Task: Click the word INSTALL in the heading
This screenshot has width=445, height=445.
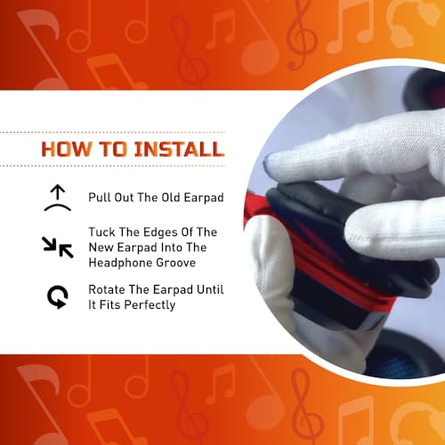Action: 179,149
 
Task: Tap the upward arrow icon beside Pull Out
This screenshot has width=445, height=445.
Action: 58,198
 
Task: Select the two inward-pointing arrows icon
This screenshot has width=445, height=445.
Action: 58,247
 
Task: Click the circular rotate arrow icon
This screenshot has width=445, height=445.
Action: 58,297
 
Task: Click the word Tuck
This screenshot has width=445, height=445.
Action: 102,232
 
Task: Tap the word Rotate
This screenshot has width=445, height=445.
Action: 107,289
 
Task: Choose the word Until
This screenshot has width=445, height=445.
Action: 210,289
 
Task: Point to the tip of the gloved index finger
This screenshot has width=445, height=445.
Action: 267,163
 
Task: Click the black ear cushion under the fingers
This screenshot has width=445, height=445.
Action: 341,238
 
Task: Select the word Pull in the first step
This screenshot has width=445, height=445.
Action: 100,198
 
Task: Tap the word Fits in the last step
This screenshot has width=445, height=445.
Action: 110,305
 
